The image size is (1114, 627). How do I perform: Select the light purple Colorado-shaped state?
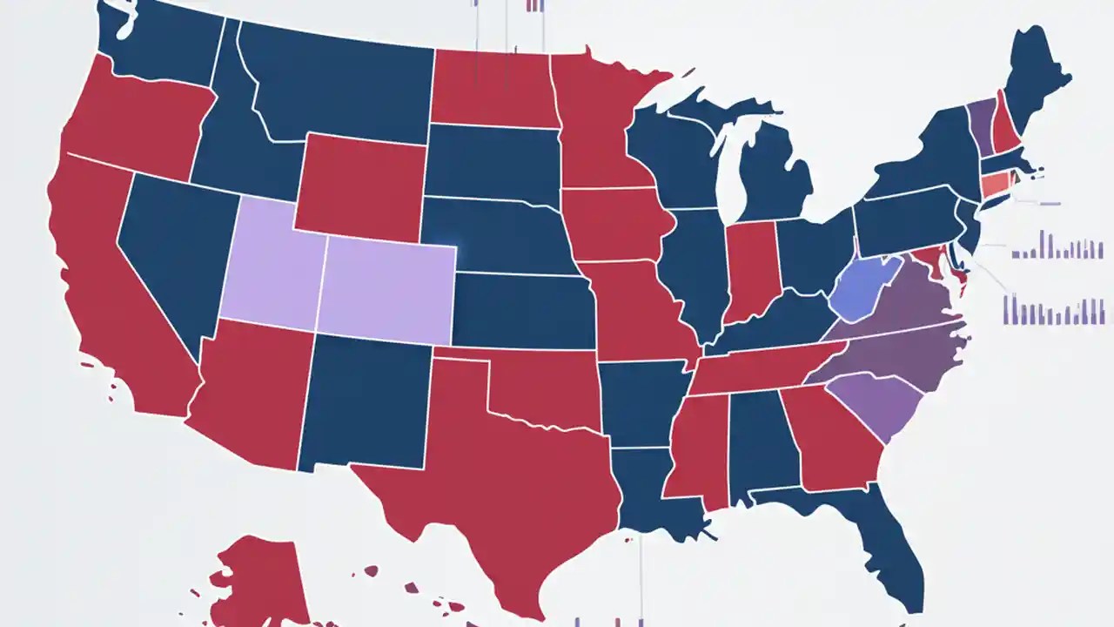point(387,287)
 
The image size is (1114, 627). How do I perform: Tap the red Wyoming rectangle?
point(361,187)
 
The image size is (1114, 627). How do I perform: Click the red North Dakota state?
point(492,87)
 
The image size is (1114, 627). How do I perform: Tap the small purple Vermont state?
point(982,126)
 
